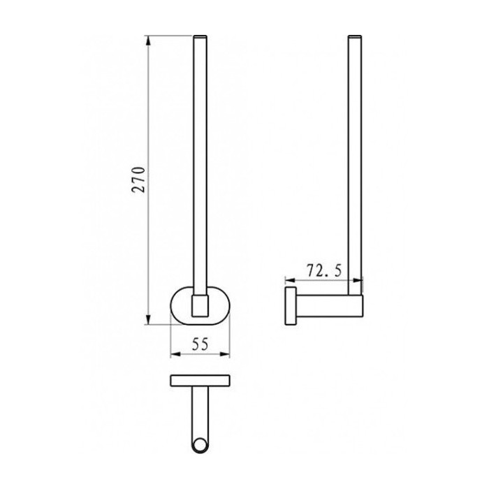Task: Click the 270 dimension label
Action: (139, 180)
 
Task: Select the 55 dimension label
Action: (200, 344)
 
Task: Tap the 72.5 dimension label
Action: (324, 271)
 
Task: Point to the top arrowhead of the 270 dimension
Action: (148, 41)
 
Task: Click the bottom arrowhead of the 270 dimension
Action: (148, 319)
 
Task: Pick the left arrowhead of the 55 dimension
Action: (175, 353)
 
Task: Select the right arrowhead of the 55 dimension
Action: (225, 353)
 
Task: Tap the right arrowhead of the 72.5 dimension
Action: (358, 280)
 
